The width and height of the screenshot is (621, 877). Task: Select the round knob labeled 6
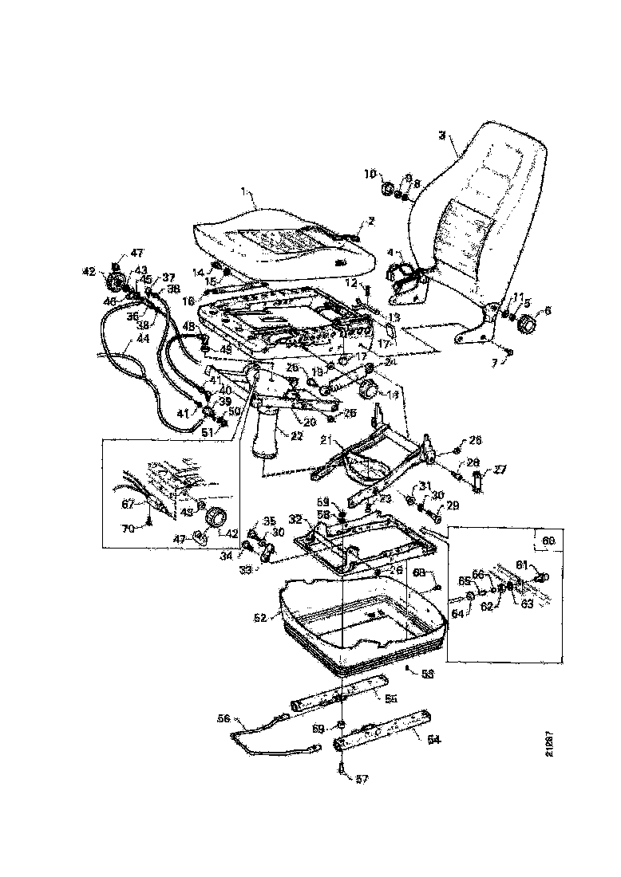coord(528,325)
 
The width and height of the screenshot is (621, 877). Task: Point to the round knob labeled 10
coord(386,190)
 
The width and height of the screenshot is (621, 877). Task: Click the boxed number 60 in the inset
coord(548,541)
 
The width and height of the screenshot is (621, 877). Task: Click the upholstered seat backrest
coord(487,207)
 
